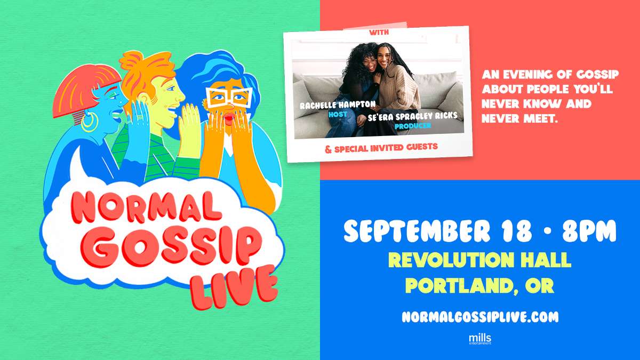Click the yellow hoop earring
[x=90, y=122]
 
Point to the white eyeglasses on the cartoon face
[x=229, y=98]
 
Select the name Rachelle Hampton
[x=338, y=105]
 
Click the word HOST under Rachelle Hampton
[x=338, y=115]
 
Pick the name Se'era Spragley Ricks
[x=412, y=116]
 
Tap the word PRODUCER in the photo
[x=413, y=125]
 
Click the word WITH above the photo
[x=379, y=33]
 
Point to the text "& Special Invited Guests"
[x=381, y=148]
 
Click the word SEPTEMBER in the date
[x=417, y=231]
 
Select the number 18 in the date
[x=518, y=231]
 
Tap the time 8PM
[x=589, y=231]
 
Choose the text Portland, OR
[x=479, y=285]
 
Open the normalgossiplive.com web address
[x=480, y=317]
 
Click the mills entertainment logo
[x=480, y=339]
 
